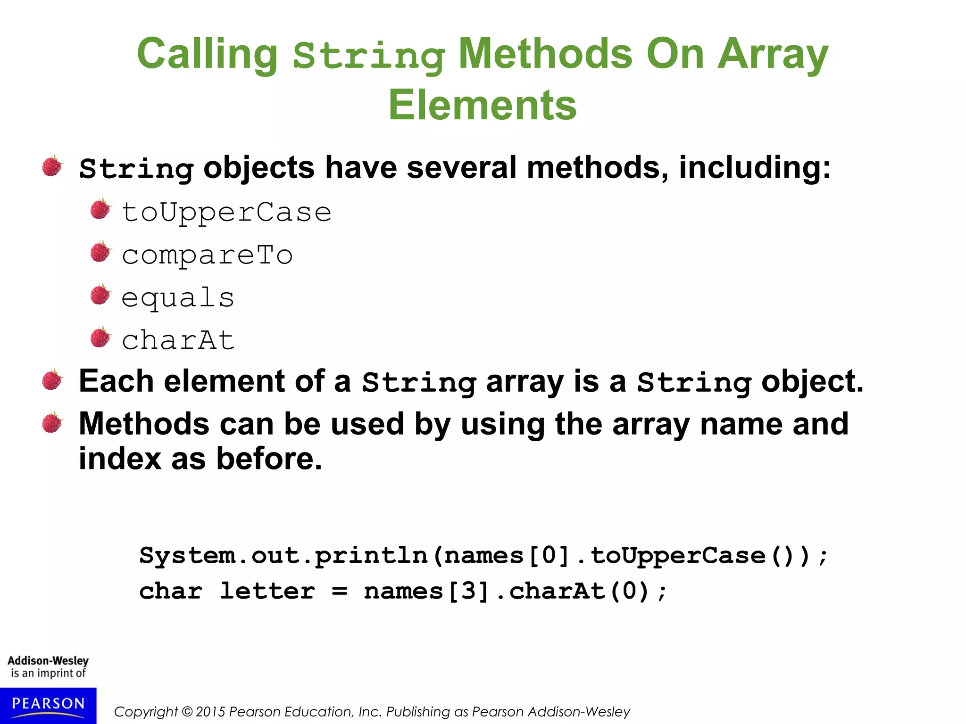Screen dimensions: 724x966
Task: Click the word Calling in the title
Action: pyautogui.click(x=207, y=55)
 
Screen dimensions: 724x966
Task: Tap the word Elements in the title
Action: pyautogui.click(x=482, y=105)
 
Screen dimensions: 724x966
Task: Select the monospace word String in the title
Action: pyautogui.click(x=369, y=57)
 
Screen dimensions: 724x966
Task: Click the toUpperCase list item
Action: pyautogui.click(x=226, y=212)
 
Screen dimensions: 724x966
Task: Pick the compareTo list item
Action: pyautogui.click(x=207, y=255)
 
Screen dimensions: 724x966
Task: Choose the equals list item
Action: pyautogui.click(x=178, y=298)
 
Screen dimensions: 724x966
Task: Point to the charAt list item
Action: pyautogui.click(x=178, y=340)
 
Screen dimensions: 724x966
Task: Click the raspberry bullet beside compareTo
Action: pyautogui.click(x=100, y=252)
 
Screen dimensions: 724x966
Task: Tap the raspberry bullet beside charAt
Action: pyautogui.click(x=100, y=337)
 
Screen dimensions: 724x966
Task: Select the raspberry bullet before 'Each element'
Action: pyautogui.click(x=52, y=380)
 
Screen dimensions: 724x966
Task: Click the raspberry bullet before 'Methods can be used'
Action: pyautogui.click(x=52, y=422)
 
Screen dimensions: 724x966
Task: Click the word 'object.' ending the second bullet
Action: pyautogui.click(x=812, y=381)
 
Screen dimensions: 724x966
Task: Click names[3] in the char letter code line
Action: pyautogui.click(x=427, y=591)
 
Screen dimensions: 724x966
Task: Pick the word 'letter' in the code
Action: pyautogui.click(x=267, y=591)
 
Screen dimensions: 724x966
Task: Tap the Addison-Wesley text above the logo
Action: pyautogui.click(x=48, y=661)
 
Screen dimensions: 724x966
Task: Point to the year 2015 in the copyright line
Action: pyautogui.click(x=211, y=712)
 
